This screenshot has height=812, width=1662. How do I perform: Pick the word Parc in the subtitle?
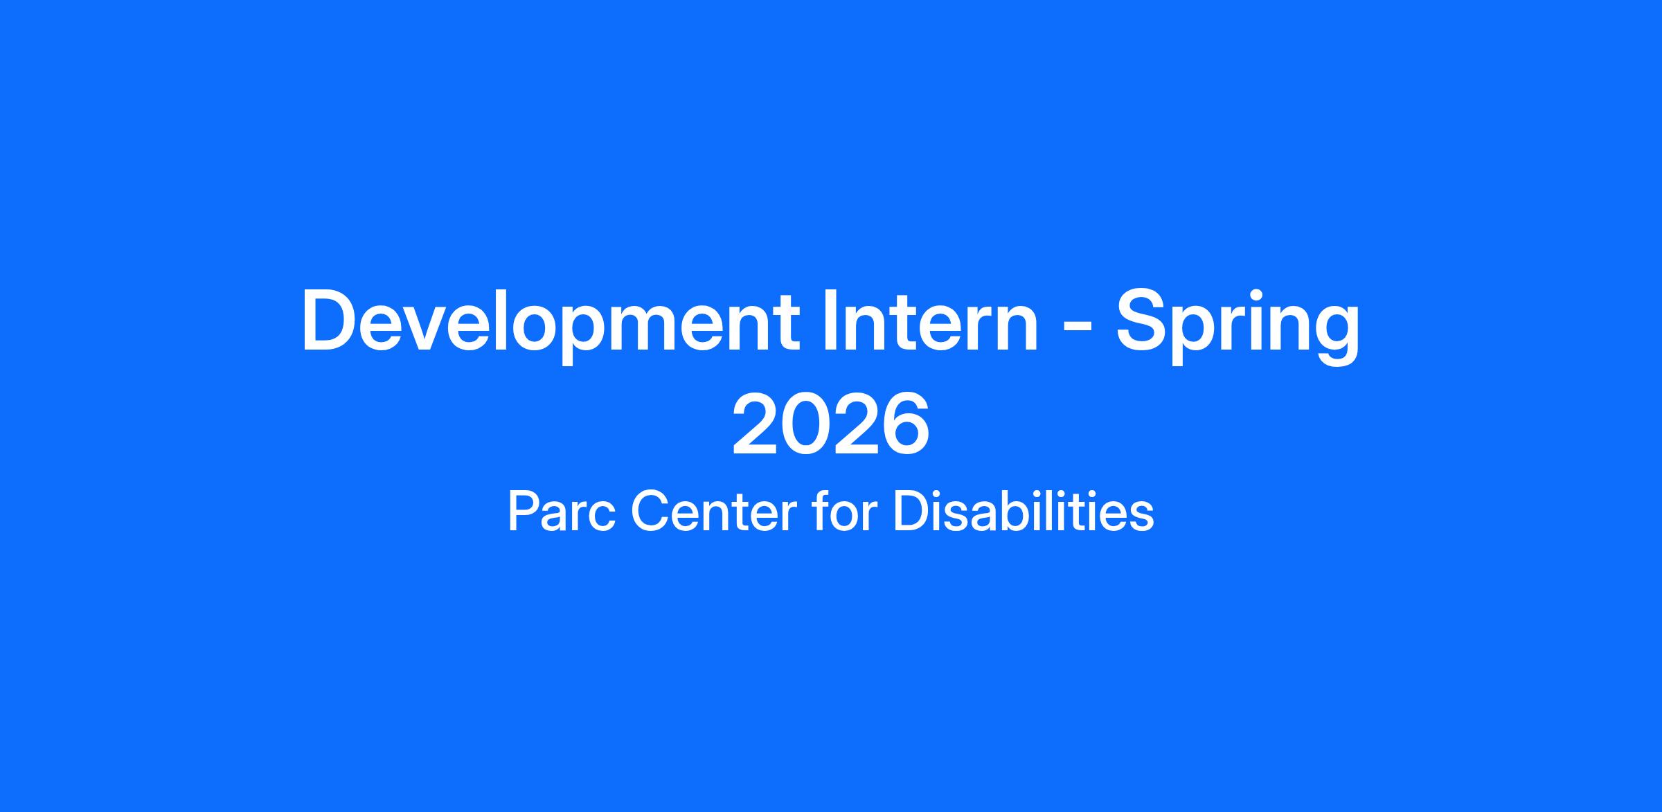[x=562, y=512]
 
